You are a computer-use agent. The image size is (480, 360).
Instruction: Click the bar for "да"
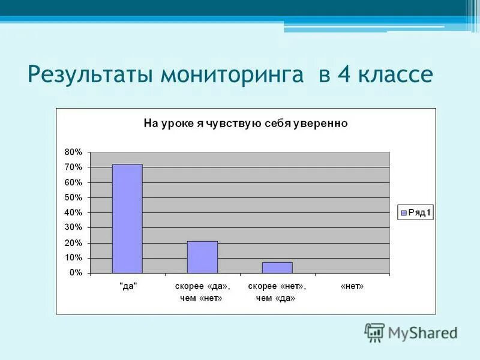tap(127, 218)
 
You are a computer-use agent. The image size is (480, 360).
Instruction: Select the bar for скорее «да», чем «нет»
tap(202, 257)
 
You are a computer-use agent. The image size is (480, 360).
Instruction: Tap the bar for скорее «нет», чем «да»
tap(277, 267)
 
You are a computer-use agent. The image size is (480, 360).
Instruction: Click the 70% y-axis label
tap(74, 167)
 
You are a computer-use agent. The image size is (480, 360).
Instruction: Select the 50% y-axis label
tap(74, 197)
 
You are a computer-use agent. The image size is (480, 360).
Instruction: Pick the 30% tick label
tap(74, 227)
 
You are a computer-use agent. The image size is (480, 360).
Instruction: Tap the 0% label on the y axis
tap(76, 273)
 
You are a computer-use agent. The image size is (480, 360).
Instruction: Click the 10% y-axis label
tap(74, 257)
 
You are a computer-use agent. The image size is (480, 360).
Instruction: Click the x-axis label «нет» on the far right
tap(352, 287)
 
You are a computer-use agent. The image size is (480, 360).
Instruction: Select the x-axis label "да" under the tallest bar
tap(127, 287)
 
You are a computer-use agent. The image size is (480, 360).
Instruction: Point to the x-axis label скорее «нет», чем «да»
tap(277, 292)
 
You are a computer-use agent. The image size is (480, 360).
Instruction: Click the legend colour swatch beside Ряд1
tap(403, 212)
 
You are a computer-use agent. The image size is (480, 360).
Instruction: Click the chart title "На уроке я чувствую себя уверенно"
tap(245, 124)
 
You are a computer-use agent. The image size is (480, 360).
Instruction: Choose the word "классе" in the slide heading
tap(397, 76)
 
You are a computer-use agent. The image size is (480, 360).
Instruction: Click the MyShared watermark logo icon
tap(374, 332)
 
